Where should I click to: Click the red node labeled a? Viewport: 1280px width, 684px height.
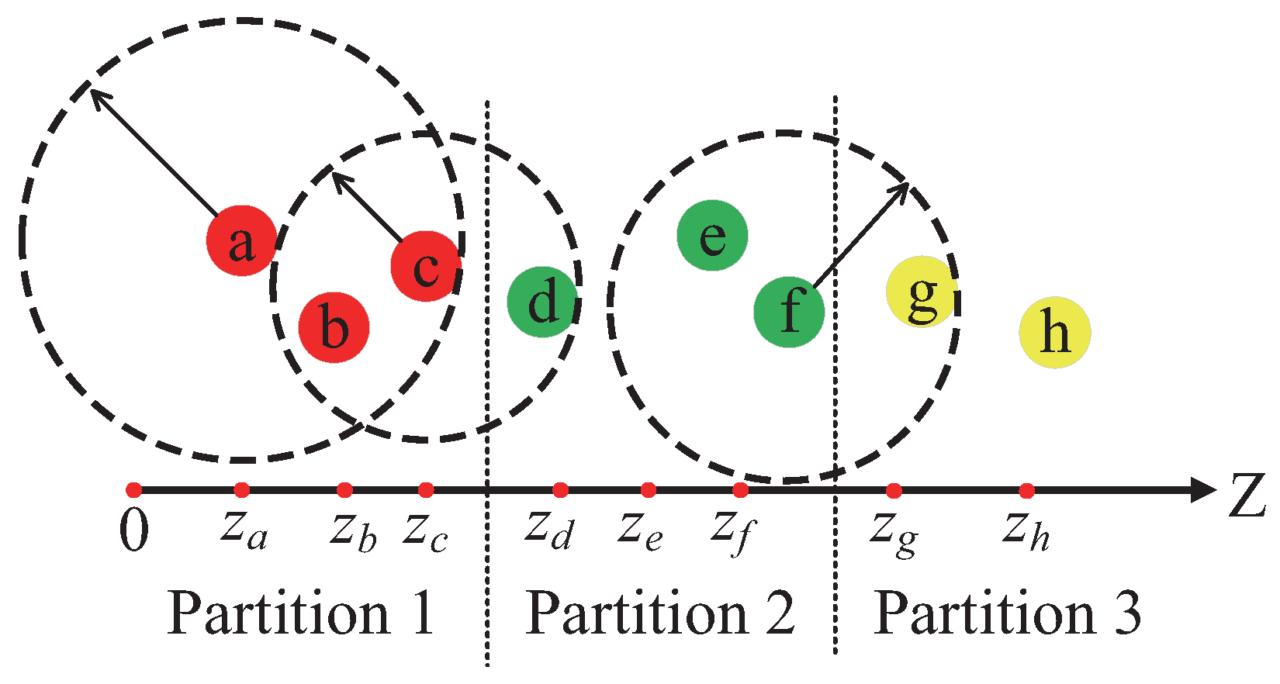click(x=241, y=240)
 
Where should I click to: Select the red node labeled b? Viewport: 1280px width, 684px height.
click(x=334, y=327)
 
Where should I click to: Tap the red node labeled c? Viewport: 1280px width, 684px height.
click(x=426, y=266)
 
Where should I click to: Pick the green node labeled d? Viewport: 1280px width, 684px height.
click(x=542, y=302)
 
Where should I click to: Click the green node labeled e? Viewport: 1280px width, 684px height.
click(x=712, y=235)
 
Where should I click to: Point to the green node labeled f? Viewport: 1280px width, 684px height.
click(x=789, y=312)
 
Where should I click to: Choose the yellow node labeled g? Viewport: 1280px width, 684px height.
click(x=922, y=292)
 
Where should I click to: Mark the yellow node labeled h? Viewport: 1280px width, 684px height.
click(x=1054, y=332)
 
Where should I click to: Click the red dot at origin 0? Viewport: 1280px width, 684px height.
click(x=133, y=489)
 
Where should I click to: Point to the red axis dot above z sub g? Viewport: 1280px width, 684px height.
click(x=894, y=490)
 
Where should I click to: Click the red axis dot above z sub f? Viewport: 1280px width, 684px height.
click(x=740, y=490)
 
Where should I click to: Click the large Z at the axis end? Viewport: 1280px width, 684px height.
click(x=1247, y=496)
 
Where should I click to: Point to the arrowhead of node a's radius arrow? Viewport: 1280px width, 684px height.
click(x=95, y=93)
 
